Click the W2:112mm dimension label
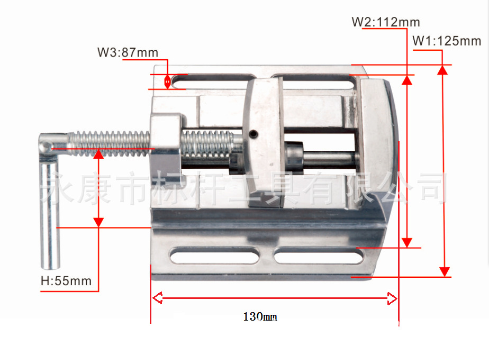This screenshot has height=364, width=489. (x=386, y=22)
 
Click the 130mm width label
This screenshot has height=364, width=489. (x=260, y=317)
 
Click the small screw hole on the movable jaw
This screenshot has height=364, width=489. (x=254, y=134)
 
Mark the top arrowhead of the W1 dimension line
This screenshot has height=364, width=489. (x=444, y=70)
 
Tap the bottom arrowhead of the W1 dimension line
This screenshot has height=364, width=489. (x=444, y=271)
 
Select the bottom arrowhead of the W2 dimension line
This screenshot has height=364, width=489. (x=406, y=242)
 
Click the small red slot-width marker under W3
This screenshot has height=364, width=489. (x=168, y=81)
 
